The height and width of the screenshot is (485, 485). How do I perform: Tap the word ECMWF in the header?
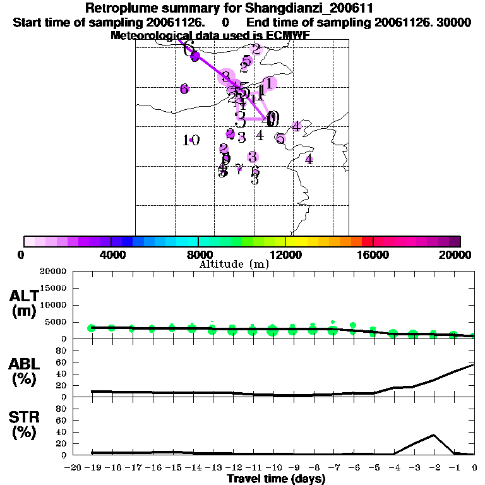pyautogui.click(x=287, y=35)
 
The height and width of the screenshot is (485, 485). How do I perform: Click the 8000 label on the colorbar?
pyautogui.click(x=198, y=254)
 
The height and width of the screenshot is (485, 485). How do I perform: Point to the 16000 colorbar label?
pyautogui.click(x=373, y=254)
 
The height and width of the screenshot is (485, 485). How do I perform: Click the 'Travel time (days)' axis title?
pyautogui.click(x=276, y=479)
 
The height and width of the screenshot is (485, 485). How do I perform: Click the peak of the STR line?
pyautogui.click(x=434, y=434)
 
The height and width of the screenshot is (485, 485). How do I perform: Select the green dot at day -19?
pyautogui.click(x=92, y=328)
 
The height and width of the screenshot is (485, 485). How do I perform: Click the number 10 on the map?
pyautogui.click(x=191, y=140)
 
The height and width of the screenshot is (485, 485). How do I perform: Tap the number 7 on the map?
pyautogui.click(x=239, y=169)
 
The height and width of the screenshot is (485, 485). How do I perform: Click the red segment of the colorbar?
pyautogui.click(x=368, y=241)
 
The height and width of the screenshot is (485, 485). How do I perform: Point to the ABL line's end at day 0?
pyautogui.click(x=474, y=364)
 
